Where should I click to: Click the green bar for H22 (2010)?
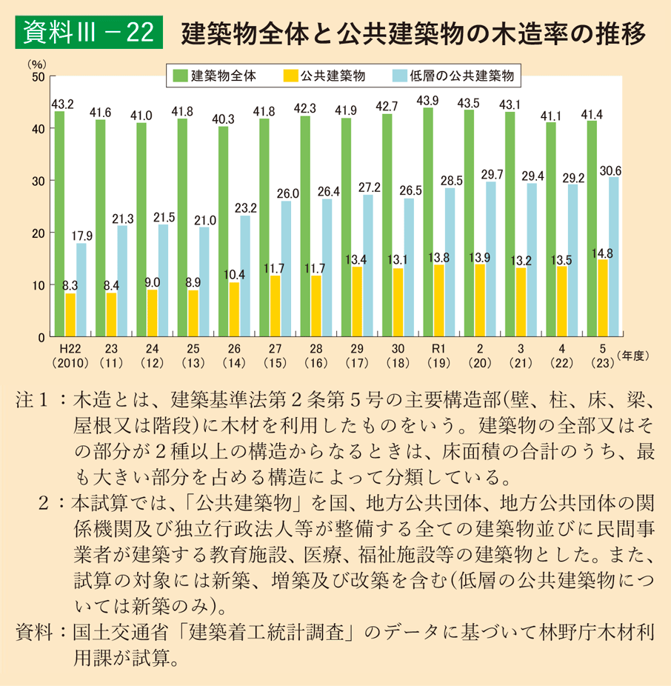pos(59,224)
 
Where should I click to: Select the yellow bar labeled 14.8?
pos(602,298)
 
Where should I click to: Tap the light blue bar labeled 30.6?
pos(613,256)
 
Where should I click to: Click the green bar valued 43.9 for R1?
pos(428,222)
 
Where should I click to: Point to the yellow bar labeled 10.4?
pos(234,309)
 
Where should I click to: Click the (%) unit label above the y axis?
pos(35,62)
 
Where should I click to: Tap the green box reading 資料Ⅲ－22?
pos(88,33)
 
